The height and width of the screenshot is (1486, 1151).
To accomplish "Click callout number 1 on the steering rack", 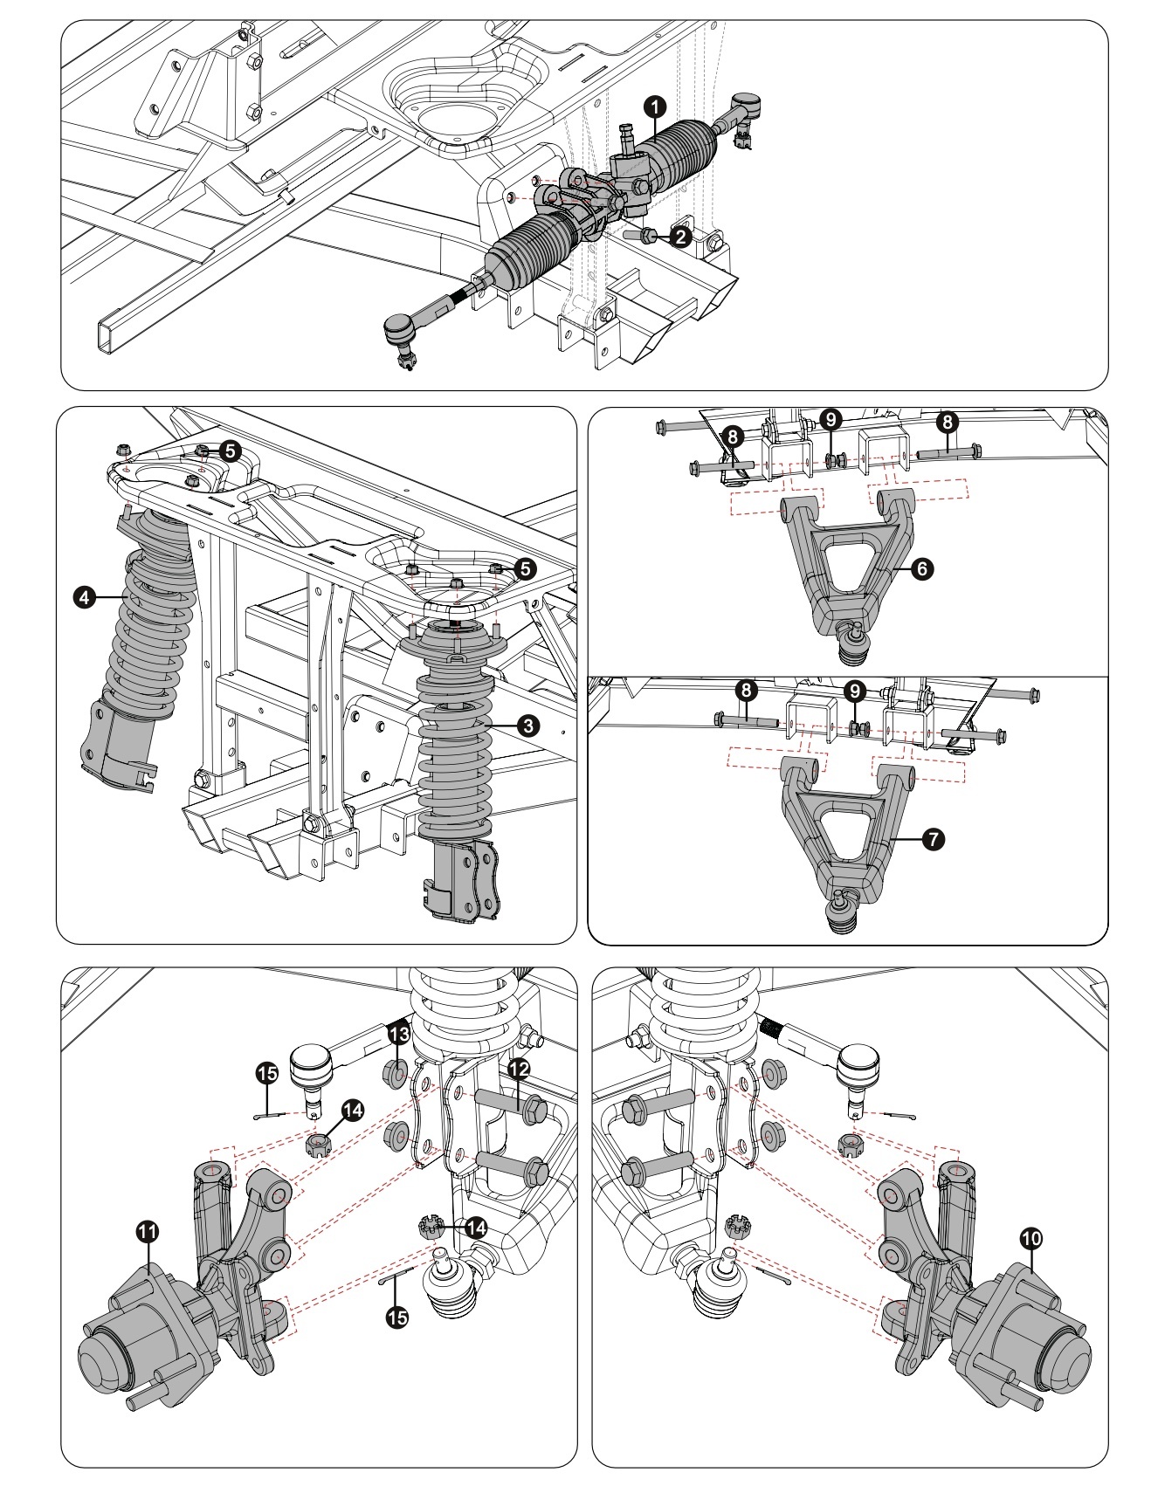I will pos(655,106).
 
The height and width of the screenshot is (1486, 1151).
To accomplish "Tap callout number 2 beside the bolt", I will pos(682,236).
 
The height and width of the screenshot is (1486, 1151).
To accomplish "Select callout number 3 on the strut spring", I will pos(527,724).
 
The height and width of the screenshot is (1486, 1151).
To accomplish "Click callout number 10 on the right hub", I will pos(1031,1237).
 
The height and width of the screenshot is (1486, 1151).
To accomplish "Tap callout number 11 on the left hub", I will pos(148,1232).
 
